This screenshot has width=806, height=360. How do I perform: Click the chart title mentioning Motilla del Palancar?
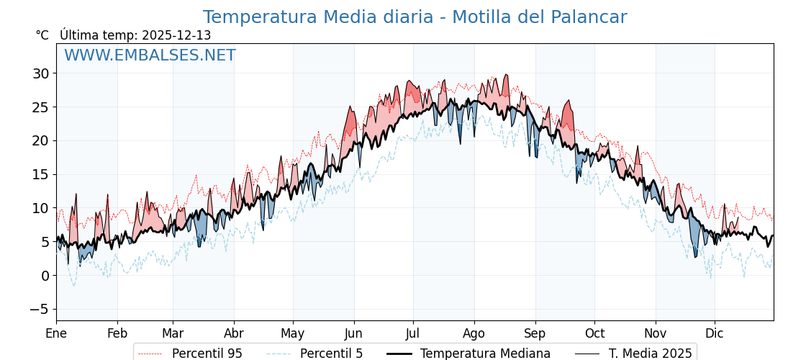pyautogui.click(x=415, y=17)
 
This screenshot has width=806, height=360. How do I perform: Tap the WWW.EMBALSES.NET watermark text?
pyautogui.click(x=150, y=55)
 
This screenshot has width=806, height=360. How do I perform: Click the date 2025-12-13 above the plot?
pyautogui.click(x=176, y=35)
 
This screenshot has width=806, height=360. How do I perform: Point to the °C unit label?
pyautogui.click(x=42, y=35)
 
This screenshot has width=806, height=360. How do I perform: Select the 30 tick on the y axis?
pyautogui.click(x=40, y=73)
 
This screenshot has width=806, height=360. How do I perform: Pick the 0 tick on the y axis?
pyautogui.click(x=45, y=276)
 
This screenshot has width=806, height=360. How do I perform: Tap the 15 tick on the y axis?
pyautogui.click(x=40, y=174)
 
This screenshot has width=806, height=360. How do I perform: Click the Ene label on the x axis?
pyautogui.click(x=56, y=333)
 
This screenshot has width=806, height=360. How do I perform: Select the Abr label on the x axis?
pyautogui.click(x=234, y=333)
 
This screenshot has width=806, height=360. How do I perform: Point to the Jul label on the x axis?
pyautogui.click(x=413, y=333)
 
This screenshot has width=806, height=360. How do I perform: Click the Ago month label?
pyautogui.click(x=474, y=333)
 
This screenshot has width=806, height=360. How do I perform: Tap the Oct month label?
pyautogui.click(x=594, y=333)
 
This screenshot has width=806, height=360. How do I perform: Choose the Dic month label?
pyautogui.click(x=715, y=333)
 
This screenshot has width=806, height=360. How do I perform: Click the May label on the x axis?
pyautogui.click(x=293, y=333)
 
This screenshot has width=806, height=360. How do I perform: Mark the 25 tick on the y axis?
pyautogui.click(x=40, y=107)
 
